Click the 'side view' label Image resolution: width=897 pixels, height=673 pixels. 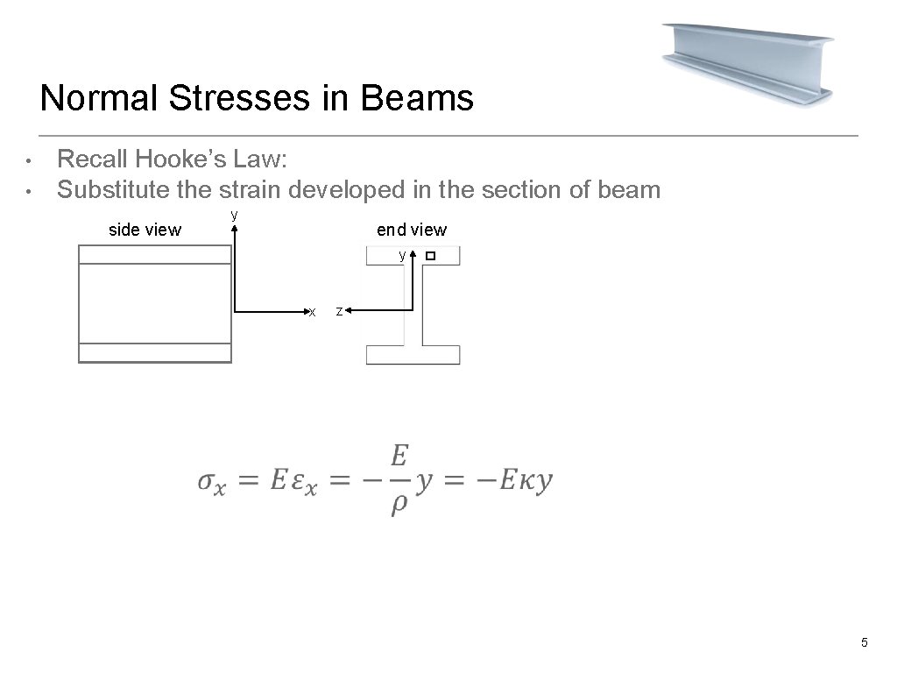coord(145,230)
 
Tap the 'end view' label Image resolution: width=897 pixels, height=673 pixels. coord(411,230)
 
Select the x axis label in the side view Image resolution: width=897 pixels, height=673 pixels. coord(311,312)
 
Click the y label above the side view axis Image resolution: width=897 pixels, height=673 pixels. coord(234,215)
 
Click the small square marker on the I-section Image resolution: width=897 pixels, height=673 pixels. coord(429,256)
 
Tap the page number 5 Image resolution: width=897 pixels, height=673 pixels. coord(865,644)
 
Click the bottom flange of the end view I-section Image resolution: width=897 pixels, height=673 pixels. coord(413,355)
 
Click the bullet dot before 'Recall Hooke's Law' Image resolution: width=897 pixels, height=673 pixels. coord(29,162)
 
